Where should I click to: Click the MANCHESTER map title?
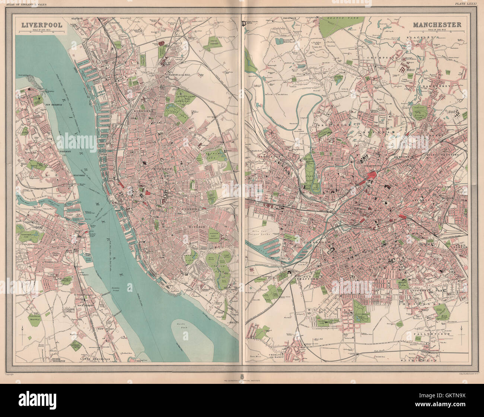tap(437, 25)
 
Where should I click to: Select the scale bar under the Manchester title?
tap(445, 32)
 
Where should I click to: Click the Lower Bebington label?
tap(95, 359)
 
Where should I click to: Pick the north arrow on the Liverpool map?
tap(22, 329)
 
